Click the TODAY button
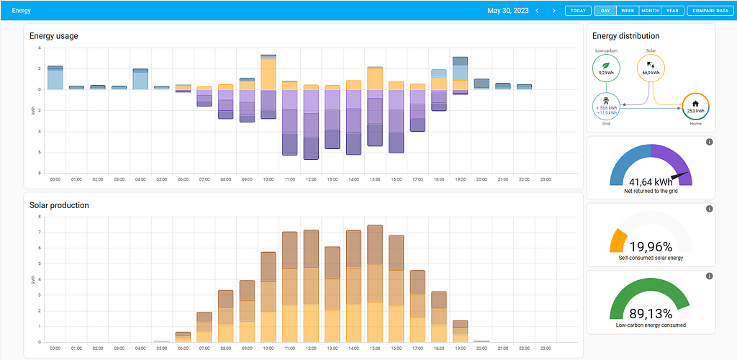(577, 11)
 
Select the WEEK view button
(628, 11)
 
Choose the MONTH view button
(650, 11)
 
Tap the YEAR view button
(672, 11)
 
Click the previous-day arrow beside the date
(537, 11)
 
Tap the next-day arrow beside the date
(553, 11)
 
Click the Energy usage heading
(54, 36)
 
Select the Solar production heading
(59, 205)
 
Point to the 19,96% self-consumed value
(651, 247)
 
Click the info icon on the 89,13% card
(709, 276)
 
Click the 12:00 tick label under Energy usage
(311, 179)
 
